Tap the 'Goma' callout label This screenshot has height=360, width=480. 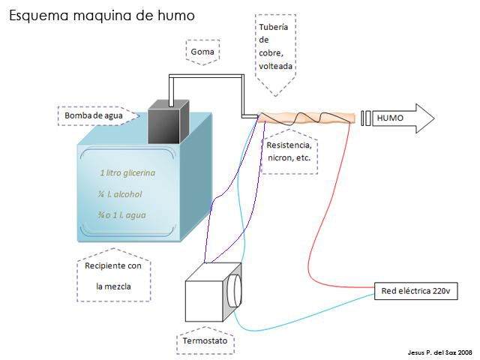(x=202, y=52)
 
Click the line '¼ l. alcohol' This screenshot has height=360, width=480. (x=120, y=194)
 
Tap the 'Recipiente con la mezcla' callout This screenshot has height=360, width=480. (x=113, y=277)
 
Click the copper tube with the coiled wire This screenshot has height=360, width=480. (x=307, y=117)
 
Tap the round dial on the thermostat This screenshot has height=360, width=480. (x=235, y=289)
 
